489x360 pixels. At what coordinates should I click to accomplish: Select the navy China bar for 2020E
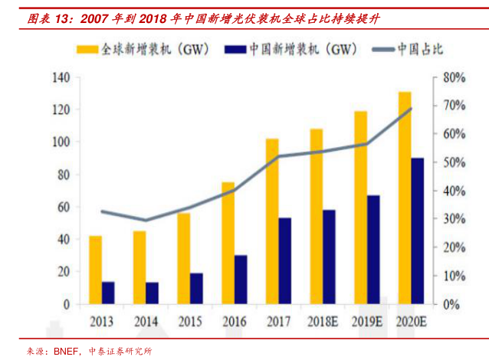point(418,231)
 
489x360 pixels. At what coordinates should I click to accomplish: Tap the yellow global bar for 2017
point(272,221)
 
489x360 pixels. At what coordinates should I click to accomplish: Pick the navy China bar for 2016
point(241,280)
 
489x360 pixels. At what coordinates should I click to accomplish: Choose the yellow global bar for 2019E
point(360,208)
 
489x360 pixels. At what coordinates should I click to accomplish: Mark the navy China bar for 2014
point(153,293)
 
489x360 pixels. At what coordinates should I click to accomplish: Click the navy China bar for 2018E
point(330,257)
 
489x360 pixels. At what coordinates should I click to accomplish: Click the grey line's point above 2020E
point(411,109)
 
